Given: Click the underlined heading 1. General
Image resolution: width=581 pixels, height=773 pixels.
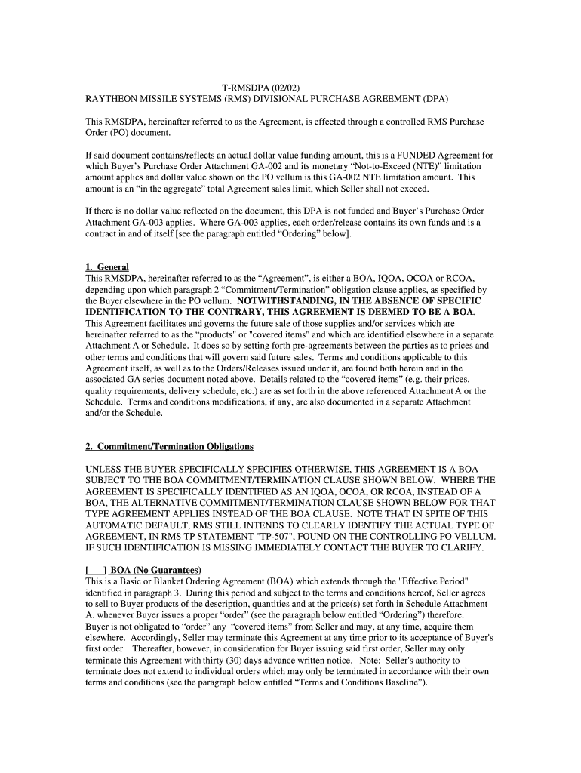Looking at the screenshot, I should (x=107, y=267).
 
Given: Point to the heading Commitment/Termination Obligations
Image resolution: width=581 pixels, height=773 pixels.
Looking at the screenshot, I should (x=176, y=447).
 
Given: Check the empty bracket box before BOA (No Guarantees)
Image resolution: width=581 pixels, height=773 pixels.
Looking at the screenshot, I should (x=95, y=569).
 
